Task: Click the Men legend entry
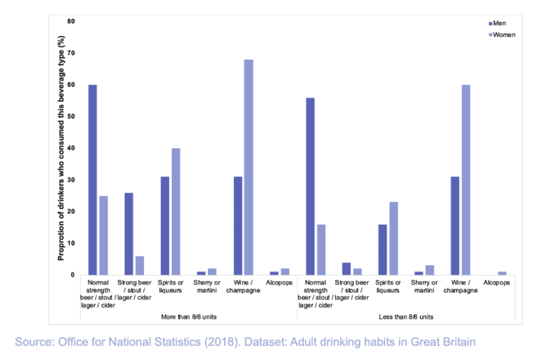498,24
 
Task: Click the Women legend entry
502,34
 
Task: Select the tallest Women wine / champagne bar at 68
248,167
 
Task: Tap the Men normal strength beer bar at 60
92,180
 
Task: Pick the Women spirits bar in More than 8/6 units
175,211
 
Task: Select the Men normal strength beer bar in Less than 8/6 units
310,186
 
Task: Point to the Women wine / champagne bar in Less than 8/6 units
466,180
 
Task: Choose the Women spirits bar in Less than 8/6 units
394,238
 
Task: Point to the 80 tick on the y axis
71,21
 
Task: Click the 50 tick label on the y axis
71,116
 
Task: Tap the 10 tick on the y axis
71,243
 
